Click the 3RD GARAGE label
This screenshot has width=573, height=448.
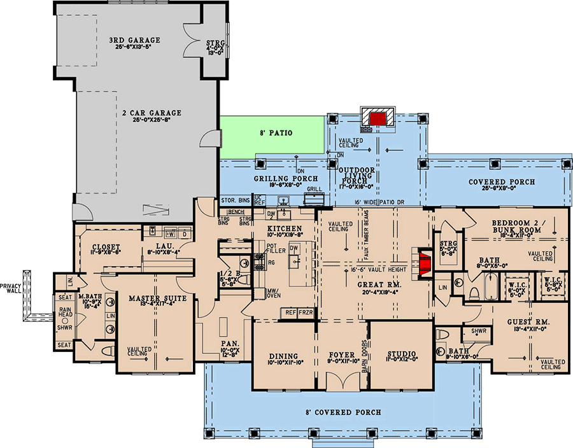134,40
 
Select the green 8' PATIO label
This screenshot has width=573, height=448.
276,134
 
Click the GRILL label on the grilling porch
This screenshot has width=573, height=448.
313,190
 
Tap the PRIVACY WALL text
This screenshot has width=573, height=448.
11,288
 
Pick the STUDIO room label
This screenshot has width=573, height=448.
401,354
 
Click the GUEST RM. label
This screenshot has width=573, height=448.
528,322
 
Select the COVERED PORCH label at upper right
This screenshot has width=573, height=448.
502,182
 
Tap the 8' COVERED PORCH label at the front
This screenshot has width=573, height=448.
343,412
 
